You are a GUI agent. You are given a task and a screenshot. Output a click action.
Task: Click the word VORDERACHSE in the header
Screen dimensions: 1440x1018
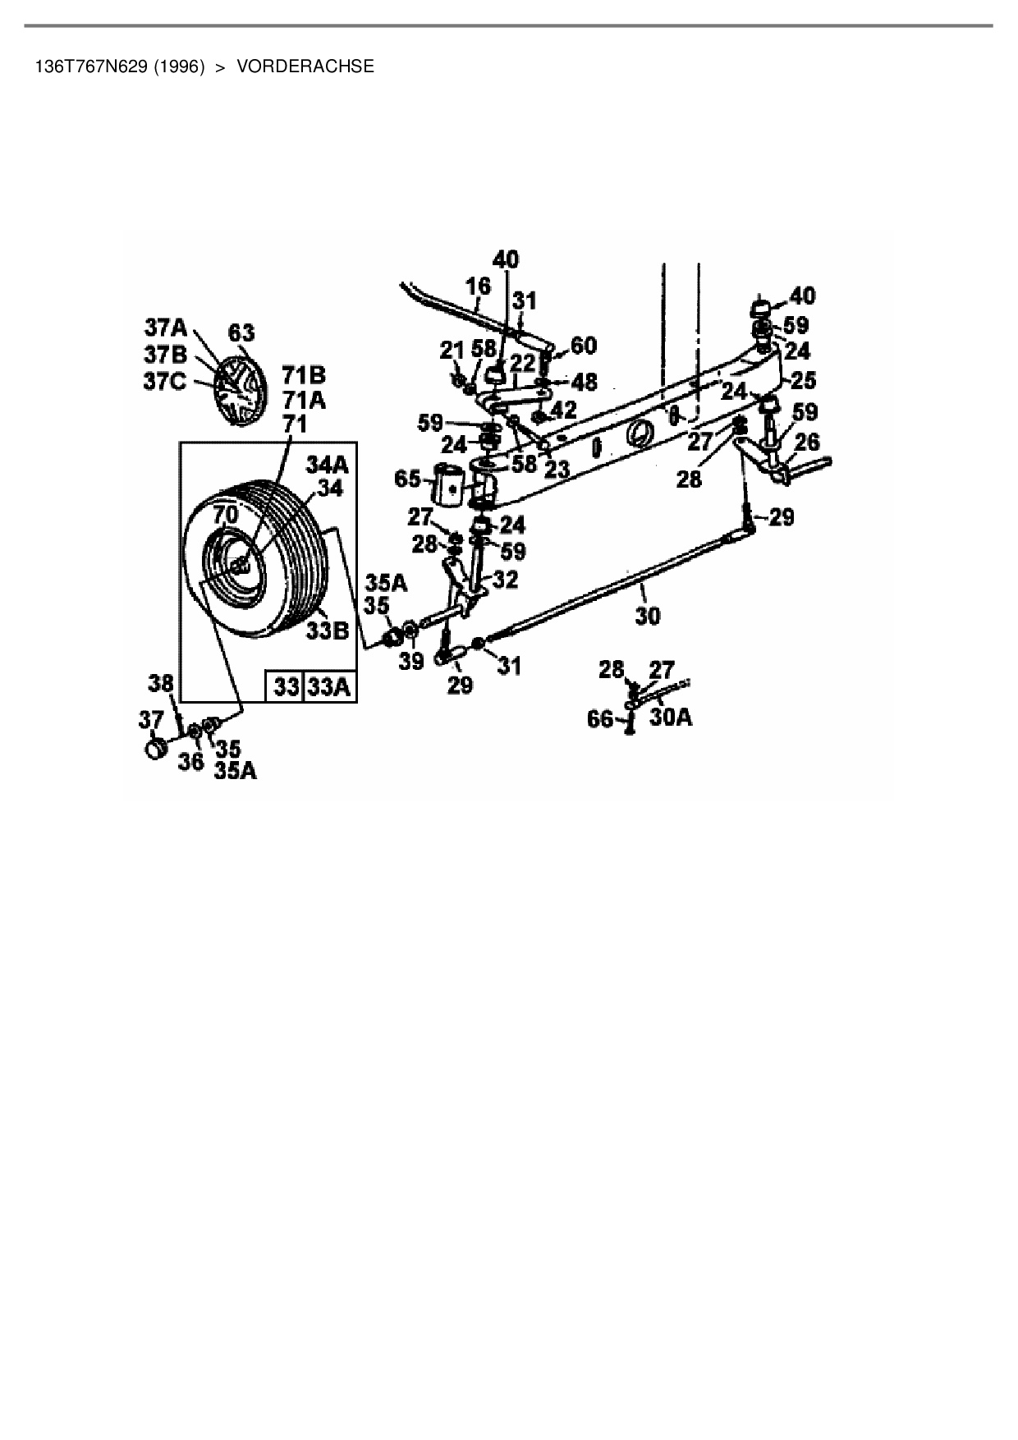pos(305,66)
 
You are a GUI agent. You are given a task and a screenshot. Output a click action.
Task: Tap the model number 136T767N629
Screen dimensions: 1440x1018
pos(89,66)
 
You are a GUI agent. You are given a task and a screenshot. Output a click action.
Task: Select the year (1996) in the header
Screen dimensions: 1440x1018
pos(178,66)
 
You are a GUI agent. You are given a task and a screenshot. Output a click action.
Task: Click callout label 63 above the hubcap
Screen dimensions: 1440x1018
pos(241,332)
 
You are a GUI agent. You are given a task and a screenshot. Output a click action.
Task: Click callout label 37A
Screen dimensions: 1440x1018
pos(166,328)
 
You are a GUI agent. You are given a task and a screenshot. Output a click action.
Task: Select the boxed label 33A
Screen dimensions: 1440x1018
pos(330,686)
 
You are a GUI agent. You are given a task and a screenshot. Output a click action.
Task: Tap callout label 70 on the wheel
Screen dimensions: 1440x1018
pos(225,516)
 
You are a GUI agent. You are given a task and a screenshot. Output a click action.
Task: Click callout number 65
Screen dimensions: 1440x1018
pos(408,479)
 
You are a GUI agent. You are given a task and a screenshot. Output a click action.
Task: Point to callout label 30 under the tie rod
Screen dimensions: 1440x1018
pos(647,616)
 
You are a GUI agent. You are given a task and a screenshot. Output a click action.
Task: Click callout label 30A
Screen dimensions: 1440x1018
pos(671,717)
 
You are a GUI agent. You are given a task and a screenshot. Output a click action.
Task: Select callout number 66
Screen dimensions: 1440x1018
pos(600,719)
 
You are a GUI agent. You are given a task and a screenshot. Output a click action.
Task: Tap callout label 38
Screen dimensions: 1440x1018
pos(161,681)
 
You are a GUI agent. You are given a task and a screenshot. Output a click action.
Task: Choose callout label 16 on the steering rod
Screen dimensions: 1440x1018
pos(478,286)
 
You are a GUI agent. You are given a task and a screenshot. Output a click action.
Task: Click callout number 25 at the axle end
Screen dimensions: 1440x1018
pos(805,379)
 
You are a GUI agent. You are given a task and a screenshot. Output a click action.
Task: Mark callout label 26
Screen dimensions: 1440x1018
pos(807,443)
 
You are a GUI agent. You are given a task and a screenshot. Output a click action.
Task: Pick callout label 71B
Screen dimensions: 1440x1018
pos(304,376)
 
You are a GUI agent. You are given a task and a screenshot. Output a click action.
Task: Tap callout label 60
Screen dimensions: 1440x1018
pos(583,346)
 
